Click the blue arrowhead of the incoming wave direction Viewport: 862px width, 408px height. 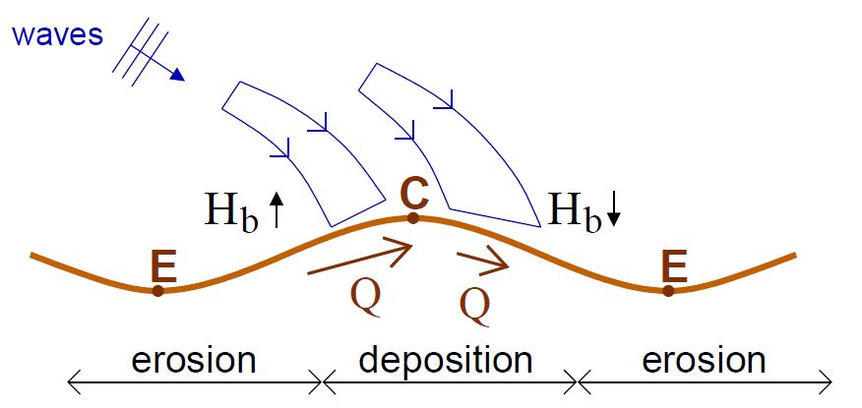pyautogui.click(x=177, y=76)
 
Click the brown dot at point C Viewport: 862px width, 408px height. pyautogui.click(x=413, y=217)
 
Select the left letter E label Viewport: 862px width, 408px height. pyautogui.click(x=162, y=266)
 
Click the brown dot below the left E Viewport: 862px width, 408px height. pyautogui.click(x=157, y=290)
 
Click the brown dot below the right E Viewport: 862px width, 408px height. pyautogui.click(x=668, y=290)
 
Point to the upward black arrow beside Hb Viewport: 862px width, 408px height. pyautogui.click(x=277, y=209)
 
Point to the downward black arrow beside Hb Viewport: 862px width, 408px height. pyautogui.click(x=614, y=211)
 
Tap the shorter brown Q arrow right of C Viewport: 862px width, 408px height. pyautogui.click(x=482, y=261)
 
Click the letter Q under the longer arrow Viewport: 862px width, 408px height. pyautogui.click(x=365, y=296)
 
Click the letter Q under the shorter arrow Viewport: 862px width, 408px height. pyautogui.click(x=475, y=306)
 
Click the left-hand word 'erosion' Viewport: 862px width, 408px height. pyautogui.click(x=194, y=360)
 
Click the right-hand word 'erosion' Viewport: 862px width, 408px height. pyautogui.click(x=705, y=360)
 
